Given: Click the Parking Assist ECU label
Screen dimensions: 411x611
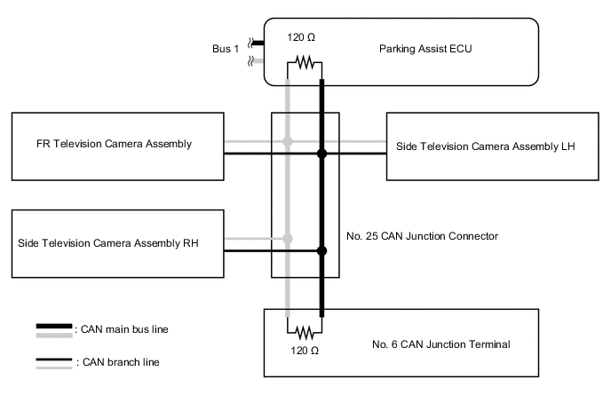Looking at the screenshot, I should tap(425, 49).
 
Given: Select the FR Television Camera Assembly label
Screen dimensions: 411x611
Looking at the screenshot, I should tap(115, 144).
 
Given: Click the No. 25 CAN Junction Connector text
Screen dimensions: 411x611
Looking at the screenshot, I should tap(423, 236).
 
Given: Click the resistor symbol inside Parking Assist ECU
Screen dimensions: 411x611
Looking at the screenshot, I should tap(305, 64).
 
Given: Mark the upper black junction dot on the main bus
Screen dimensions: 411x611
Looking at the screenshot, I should tap(321, 154).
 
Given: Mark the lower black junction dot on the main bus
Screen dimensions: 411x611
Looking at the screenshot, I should tap(321, 251).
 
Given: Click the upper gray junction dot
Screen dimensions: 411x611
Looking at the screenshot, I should tap(287, 141).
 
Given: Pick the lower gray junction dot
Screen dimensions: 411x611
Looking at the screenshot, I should tap(287, 238).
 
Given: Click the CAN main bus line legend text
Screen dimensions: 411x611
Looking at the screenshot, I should tap(123, 329).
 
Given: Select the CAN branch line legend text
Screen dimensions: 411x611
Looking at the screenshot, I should tap(119, 362).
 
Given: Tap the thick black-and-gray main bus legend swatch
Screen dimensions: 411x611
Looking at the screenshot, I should tap(54, 330).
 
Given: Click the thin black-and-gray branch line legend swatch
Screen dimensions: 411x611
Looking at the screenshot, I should tap(54, 363).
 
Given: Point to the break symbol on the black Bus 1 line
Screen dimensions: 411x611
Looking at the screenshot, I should tap(252, 42).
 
